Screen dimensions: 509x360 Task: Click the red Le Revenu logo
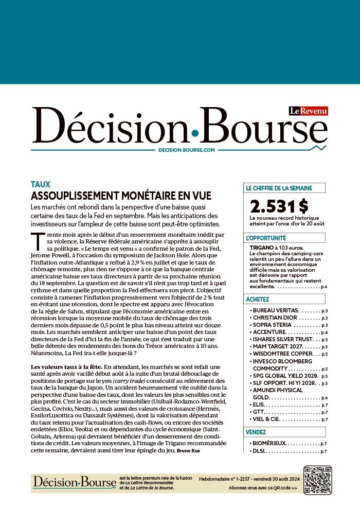click(x=308, y=111)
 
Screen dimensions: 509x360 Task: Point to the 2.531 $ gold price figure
click(x=279, y=206)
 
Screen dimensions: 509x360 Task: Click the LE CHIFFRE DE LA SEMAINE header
click(x=278, y=188)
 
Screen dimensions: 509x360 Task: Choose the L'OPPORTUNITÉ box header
click(x=266, y=238)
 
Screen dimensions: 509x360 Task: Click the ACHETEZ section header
click(x=258, y=299)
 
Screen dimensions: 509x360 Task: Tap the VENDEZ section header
click(x=256, y=432)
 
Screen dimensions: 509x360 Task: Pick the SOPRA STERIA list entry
click(x=273, y=325)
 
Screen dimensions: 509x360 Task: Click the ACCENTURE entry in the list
click(x=271, y=332)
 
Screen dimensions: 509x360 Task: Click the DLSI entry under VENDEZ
click(x=259, y=451)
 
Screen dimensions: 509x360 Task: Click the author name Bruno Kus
click(x=184, y=451)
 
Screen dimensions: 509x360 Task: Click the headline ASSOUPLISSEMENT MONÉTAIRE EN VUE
click(x=121, y=196)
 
